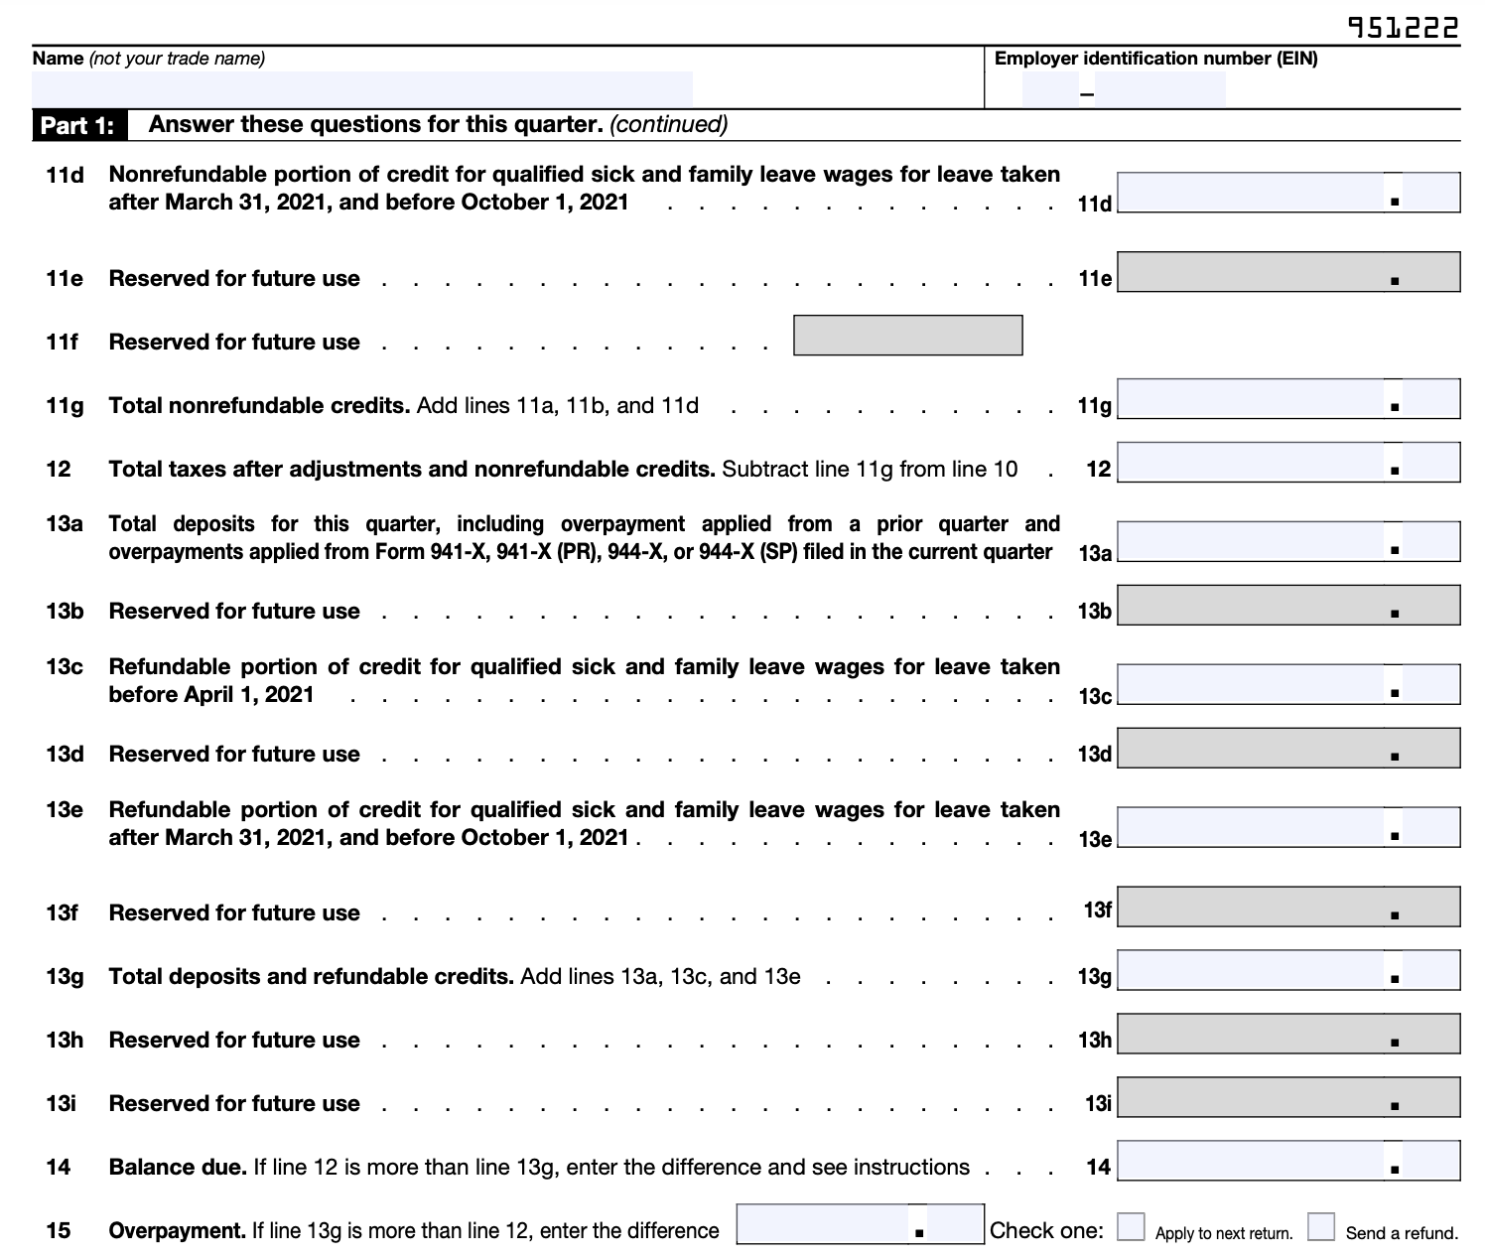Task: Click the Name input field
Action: click(362, 88)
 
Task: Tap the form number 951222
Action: click(1403, 28)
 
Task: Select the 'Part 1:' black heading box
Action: click(77, 126)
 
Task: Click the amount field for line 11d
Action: click(1251, 193)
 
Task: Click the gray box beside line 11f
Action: click(907, 336)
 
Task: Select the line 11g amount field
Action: click(1251, 398)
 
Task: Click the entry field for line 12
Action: click(1251, 463)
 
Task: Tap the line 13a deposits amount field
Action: click(1251, 542)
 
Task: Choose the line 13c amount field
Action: click(1251, 685)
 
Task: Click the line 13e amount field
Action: click(1251, 828)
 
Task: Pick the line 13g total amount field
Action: click(1251, 971)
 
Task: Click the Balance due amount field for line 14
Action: click(1251, 1161)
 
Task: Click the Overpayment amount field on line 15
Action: click(824, 1224)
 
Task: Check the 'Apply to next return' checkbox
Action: click(1131, 1227)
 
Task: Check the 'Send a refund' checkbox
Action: click(1321, 1227)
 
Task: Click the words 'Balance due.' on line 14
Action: click(178, 1168)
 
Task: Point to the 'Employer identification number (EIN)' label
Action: click(1155, 59)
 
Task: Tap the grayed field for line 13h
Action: click(1288, 1034)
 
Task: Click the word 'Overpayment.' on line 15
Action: click(177, 1231)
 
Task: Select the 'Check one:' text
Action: click(1046, 1231)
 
